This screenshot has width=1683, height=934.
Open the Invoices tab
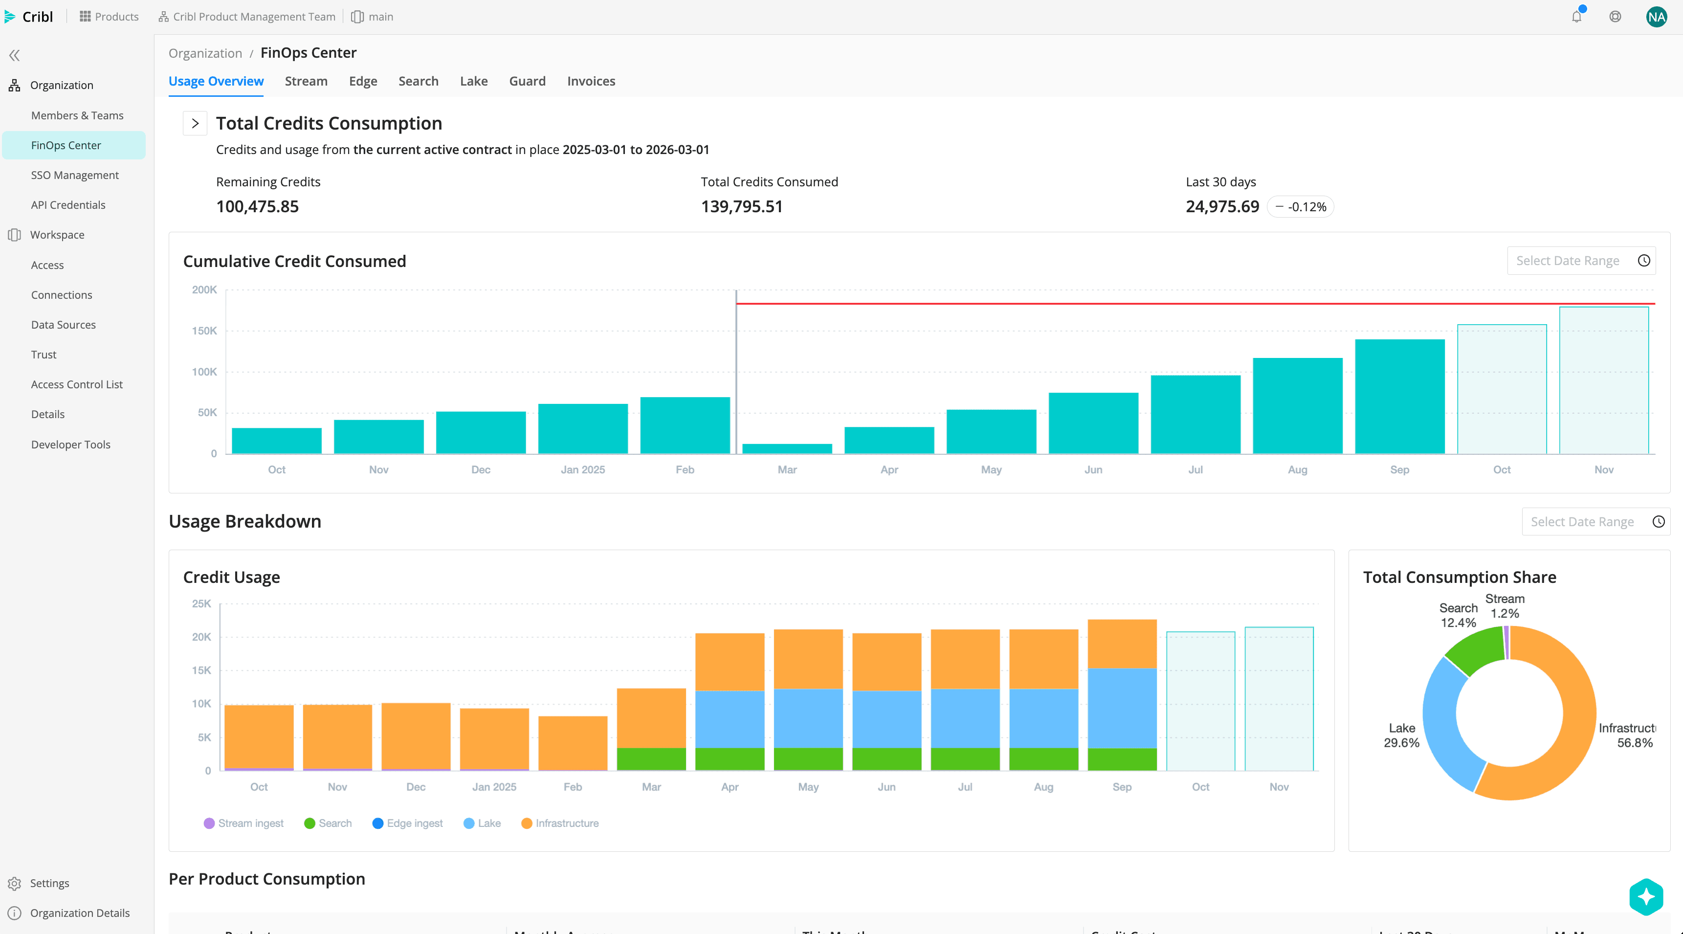point(591,81)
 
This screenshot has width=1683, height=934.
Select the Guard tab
point(527,81)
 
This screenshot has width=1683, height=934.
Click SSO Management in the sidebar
point(74,175)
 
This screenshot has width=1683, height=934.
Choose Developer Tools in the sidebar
point(70,445)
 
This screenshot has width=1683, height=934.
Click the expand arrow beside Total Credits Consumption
point(195,124)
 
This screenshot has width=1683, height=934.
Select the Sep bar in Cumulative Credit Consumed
point(1399,396)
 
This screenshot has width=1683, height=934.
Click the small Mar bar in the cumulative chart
point(787,449)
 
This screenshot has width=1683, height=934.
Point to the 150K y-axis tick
point(204,331)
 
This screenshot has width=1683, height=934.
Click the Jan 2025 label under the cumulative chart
point(582,470)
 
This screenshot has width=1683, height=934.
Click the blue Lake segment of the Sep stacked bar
point(1122,708)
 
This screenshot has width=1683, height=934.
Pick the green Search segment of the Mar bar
point(651,759)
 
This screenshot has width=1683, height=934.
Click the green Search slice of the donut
point(1475,650)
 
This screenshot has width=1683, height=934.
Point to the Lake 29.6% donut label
point(1401,735)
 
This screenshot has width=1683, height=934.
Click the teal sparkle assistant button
point(1646,897)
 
